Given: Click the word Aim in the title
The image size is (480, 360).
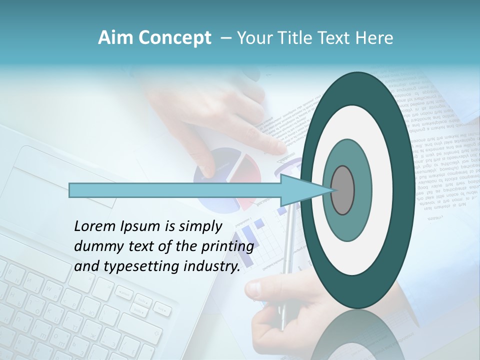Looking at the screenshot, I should coord(113,38).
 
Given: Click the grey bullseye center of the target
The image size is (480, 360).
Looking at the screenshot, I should coord(342,190).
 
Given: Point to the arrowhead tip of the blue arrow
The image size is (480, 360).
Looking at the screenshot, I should coord(332,190).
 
